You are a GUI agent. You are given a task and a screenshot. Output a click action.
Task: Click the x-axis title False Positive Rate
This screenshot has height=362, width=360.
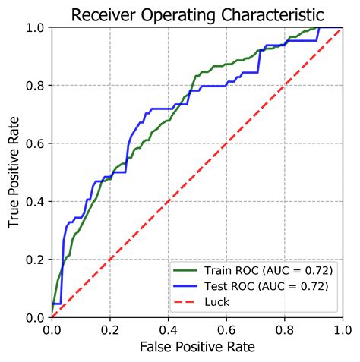197,347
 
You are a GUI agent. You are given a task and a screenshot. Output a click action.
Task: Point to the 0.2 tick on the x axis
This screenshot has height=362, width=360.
109,329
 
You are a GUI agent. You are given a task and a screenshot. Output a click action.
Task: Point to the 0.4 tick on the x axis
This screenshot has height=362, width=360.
168,329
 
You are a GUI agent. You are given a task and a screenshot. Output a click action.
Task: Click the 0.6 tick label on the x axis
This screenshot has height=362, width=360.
226,329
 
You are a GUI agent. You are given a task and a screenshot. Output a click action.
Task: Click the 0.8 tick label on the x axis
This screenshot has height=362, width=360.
284,329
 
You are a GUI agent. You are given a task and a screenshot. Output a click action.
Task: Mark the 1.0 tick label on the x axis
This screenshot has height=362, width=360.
342,329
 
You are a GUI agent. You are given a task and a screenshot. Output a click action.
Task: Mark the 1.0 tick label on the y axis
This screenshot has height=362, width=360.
36,27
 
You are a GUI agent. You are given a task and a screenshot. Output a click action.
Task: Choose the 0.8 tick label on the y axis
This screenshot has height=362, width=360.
36,86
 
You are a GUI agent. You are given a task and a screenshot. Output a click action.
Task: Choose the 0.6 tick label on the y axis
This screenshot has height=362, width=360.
36,143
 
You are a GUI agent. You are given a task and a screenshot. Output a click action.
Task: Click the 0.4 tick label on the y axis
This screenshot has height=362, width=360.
36,201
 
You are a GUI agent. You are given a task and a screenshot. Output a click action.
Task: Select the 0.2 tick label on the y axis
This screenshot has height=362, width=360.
36,260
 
